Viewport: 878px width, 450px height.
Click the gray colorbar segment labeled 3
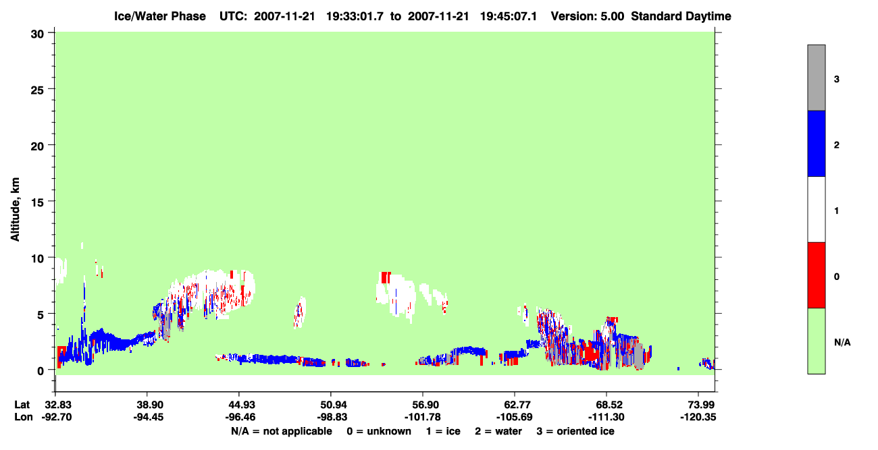click(816, 78)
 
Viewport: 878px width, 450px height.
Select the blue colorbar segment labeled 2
click(816, 143)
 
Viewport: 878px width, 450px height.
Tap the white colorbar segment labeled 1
click(816, 209)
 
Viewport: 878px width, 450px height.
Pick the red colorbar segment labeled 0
click(816, 275)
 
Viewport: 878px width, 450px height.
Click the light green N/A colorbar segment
click(816, 341)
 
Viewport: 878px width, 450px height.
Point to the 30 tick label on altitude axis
click(37, 34)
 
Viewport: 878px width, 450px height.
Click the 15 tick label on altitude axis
click(37, 202)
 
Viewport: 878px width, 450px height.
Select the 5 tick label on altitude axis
click(41, 314)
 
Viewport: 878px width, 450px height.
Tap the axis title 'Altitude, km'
click(15, 210)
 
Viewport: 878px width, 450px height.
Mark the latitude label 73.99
click(698, 405)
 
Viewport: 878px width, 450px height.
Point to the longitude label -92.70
click(57, 417)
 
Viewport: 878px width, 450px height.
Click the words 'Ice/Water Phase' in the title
click(160, 16)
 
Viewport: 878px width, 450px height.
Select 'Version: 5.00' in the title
click(587, 16)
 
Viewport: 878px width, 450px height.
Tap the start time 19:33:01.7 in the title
click(355, 16)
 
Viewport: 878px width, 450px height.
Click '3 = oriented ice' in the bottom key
click(575, 431)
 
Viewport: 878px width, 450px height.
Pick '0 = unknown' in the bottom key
click(379, 431)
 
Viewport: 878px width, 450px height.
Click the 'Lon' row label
click(24, 417)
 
